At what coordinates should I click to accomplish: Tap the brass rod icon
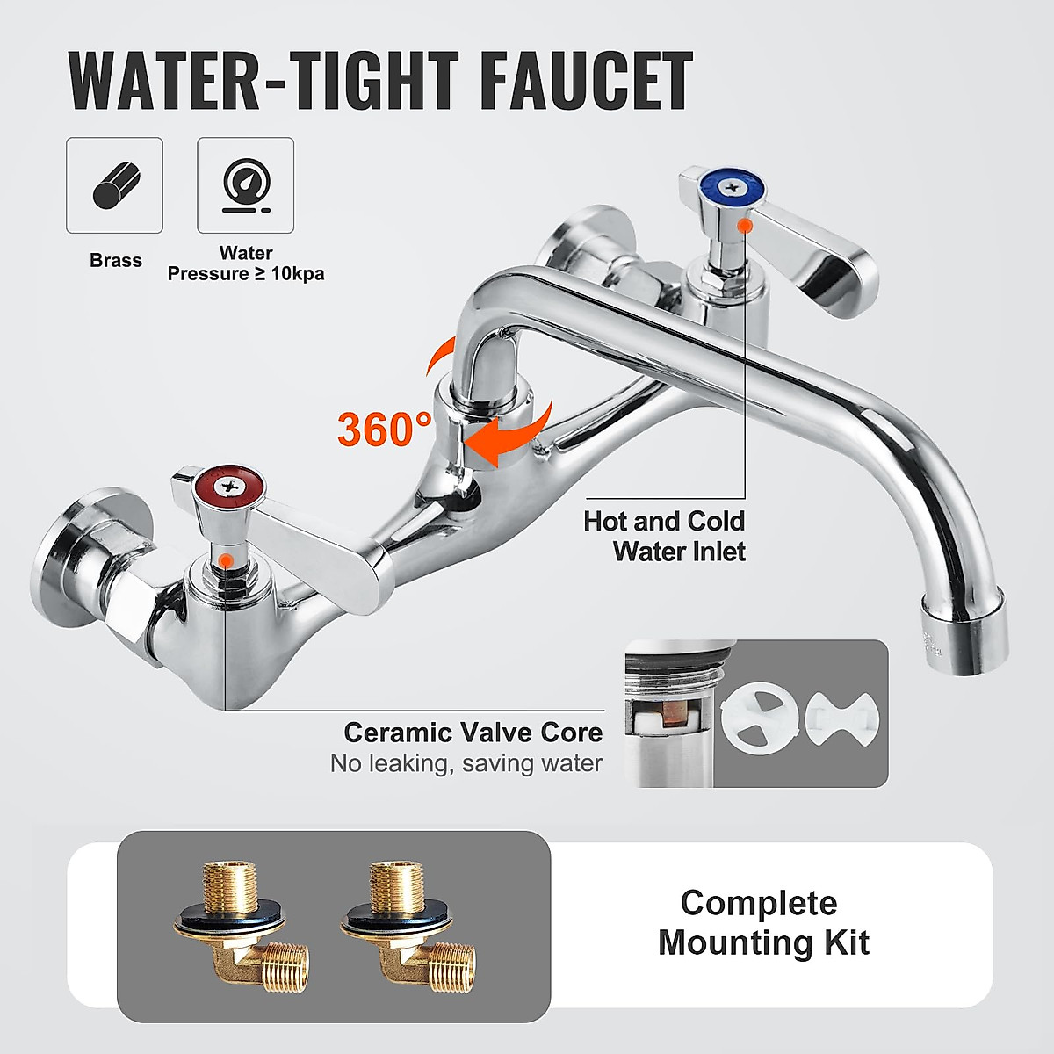115,185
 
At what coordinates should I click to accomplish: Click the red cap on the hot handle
229,481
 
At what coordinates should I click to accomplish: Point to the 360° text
383,430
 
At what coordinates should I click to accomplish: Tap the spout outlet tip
963,633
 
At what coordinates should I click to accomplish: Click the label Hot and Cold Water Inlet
665,536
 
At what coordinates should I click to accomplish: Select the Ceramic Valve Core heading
473,732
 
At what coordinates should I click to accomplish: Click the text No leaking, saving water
466,763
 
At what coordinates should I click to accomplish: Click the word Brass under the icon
115,261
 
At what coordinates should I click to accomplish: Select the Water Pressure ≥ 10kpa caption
246,263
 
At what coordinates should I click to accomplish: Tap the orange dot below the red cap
227,559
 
